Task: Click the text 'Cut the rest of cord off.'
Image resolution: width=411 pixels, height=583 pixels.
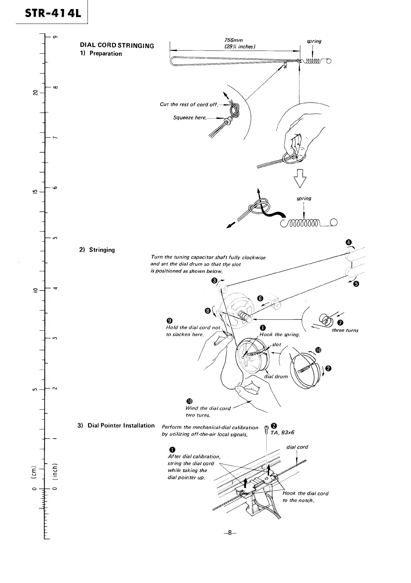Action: coord(189,105)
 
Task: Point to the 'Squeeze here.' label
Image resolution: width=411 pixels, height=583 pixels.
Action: coord(190,118)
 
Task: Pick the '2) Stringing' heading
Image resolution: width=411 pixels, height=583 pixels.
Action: coord(97,250)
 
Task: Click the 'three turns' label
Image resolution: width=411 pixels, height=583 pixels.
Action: coord(345,330)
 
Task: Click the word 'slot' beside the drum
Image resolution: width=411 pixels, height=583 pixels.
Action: coord(276,344)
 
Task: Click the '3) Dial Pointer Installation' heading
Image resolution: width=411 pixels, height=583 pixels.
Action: coord(116,425)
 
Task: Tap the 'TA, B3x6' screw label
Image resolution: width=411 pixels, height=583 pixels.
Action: coord(282,432)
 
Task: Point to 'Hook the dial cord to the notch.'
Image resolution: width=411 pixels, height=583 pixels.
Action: coord(305,497)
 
